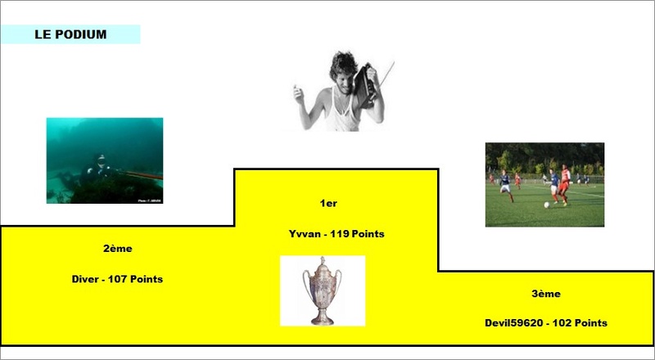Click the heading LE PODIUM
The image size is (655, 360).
[x=70, y=34]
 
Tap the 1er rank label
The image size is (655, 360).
[x=328, y=204]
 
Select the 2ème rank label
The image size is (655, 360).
[x=118, y=249]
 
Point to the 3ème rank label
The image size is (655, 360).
[x=546, y=294]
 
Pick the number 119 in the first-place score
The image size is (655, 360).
[x=340, y=234]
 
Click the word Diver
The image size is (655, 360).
[x=85, y=279]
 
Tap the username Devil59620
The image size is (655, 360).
[x=514, y=323]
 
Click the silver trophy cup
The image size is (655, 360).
[x=323, y=290]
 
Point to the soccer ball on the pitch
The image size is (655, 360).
[x=546, y=205]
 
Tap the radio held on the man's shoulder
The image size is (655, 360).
[x=364, y=86]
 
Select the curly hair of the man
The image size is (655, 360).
[x=344, y=65]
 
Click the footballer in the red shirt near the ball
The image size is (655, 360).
[x=565, y=185]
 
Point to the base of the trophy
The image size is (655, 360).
[x=323, y=321]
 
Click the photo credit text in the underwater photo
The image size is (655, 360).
[x=150, y=201]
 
